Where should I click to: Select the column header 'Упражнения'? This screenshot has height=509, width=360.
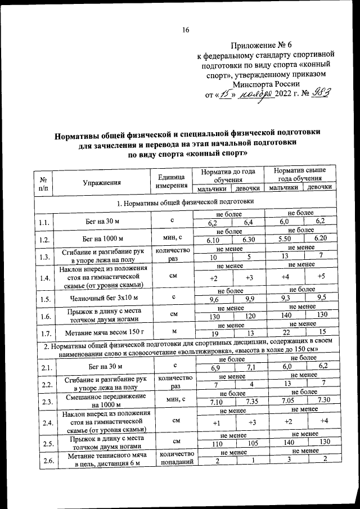[102, 182]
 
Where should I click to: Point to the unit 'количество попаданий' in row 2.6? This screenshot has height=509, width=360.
[177, 458]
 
